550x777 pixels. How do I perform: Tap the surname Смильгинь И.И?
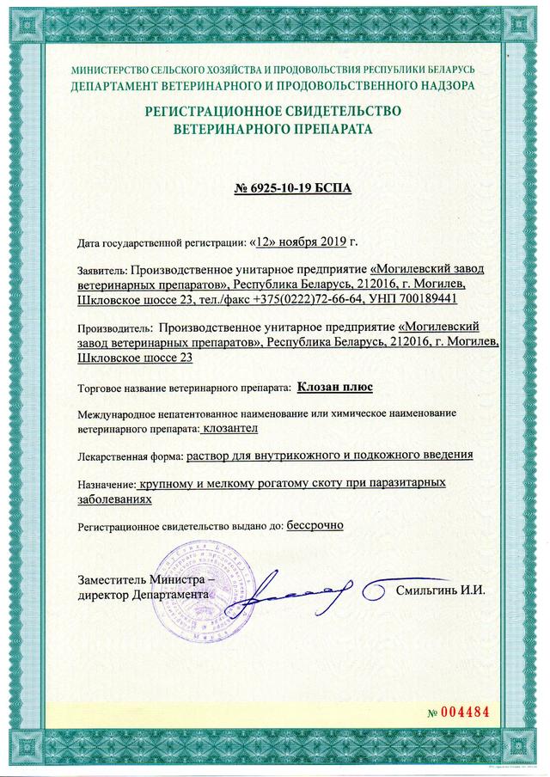pos(441,590)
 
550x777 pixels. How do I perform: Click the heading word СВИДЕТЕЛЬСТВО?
pos(336,113)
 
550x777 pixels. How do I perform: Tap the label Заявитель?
pos(103,269)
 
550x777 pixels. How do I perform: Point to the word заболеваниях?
pos(115,499)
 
